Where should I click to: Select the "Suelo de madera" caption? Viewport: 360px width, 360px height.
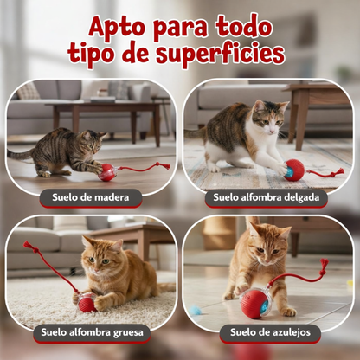point(90,197)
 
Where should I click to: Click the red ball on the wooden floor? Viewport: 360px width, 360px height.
point(107,172)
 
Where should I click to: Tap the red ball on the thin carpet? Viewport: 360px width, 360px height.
point(294,170)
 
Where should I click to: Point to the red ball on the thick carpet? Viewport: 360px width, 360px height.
point(87,303)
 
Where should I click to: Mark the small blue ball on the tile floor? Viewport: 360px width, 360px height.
point(196,310)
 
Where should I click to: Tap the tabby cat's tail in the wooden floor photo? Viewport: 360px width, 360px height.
point(22,156)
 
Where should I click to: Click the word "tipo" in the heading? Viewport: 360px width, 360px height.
point(95,55)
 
